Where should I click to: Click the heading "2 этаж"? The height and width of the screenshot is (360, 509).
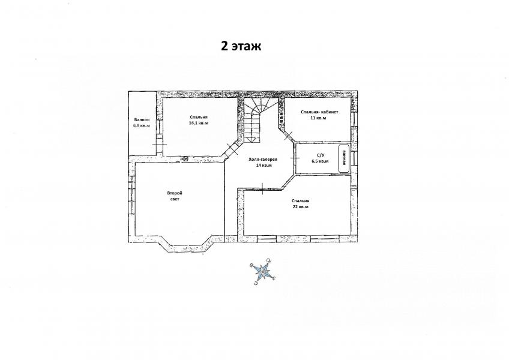coord(241,46)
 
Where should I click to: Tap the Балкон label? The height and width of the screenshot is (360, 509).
coord(141,119)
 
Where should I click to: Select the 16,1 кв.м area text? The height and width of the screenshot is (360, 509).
coord(199,124)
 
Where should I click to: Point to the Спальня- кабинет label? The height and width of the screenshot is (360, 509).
coord(319,112)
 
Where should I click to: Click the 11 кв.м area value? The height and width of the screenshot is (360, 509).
coord(318,118)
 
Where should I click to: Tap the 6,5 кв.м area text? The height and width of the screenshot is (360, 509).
coord(320,161)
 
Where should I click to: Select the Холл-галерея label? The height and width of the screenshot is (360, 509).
coord(263,160)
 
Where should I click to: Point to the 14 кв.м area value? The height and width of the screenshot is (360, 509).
coord(264,166)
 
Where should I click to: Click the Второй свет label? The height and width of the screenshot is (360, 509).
coord(175,196)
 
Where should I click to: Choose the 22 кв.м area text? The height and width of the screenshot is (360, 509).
coord(300,207)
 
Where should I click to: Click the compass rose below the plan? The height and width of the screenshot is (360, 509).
coord(262,271)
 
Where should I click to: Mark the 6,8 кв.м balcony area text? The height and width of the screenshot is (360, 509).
coord(142,125)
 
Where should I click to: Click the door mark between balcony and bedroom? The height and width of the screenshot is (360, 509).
coord(160,144)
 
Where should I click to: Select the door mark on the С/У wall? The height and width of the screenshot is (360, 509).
coord(295,157)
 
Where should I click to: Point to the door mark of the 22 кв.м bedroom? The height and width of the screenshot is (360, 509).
coord(263,188)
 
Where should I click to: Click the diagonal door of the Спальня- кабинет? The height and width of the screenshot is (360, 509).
coord(288,136)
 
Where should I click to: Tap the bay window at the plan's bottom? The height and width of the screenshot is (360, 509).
coord(185,248)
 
